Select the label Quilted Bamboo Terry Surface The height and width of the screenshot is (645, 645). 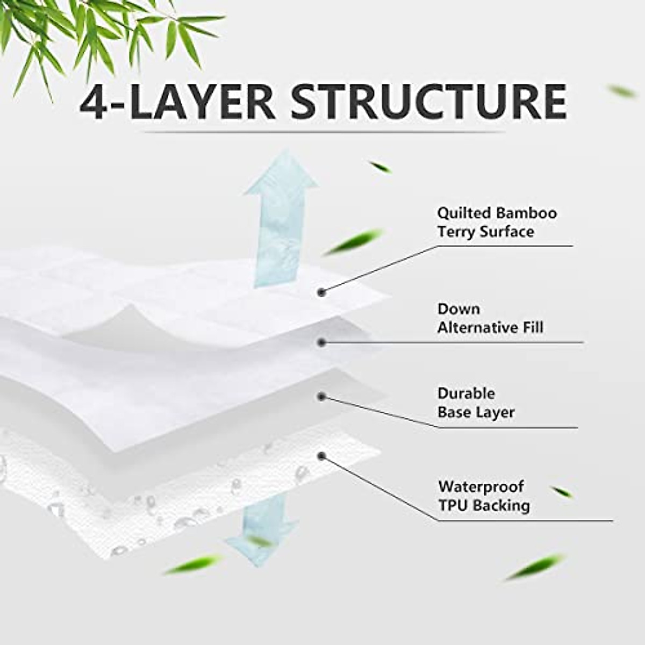(496, 222)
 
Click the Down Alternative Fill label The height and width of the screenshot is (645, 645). (490, 318)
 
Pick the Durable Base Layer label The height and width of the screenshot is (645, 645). (476, 403)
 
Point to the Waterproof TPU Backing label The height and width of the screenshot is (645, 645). (483, 496)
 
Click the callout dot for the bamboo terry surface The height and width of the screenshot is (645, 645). (321, 292)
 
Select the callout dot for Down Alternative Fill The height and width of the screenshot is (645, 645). (321, 342)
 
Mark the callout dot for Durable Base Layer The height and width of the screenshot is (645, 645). (321, 397)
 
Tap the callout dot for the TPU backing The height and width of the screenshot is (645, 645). (321, 456)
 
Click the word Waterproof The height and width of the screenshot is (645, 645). (481, 486)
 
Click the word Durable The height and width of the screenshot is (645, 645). (466, 393)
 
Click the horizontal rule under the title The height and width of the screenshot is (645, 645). (322, 132)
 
